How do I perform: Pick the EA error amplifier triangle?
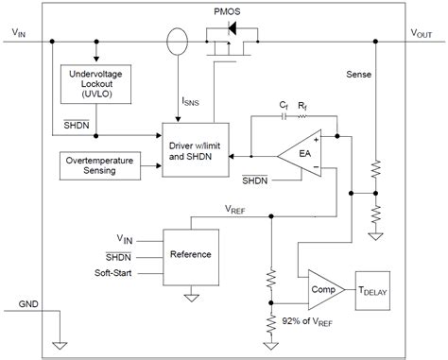(x=301, y=154)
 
